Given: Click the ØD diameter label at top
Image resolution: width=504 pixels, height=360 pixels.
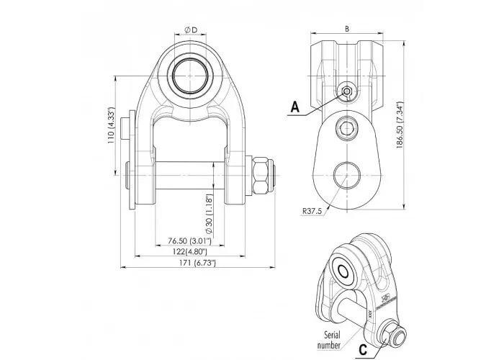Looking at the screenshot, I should coord(191,28).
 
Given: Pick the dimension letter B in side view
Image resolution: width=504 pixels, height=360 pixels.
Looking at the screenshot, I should coord(348,29).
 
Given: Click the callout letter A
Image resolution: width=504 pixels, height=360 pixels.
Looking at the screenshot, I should coord(294,108).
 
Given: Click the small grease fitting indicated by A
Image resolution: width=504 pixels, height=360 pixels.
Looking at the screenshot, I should coord(348,91).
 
